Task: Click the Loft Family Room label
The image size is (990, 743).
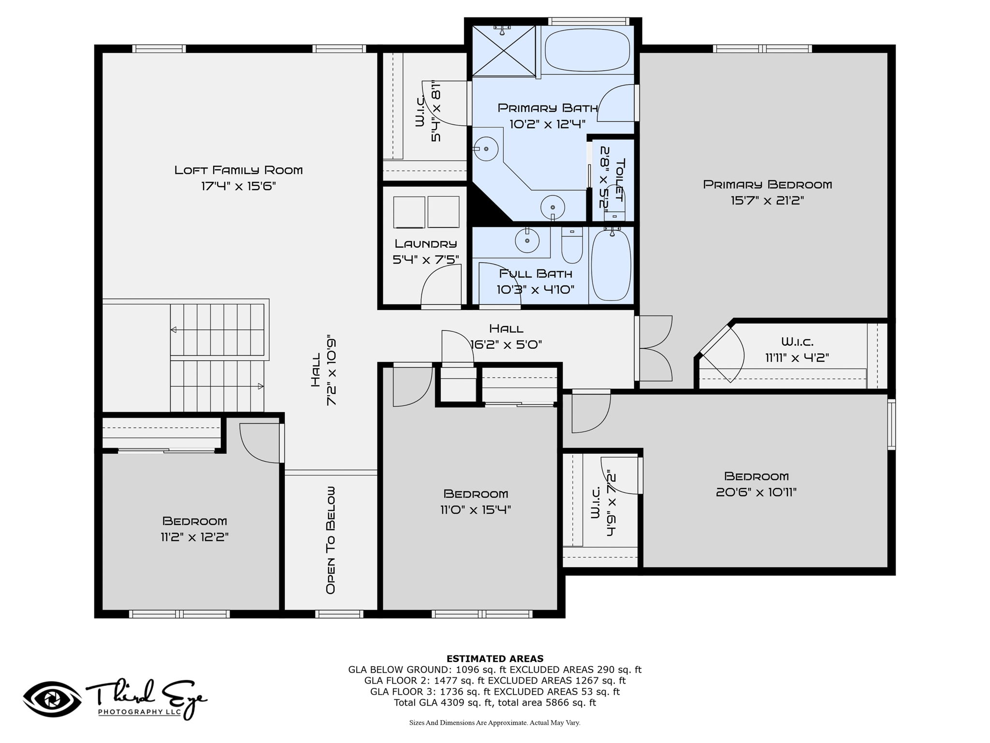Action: click(238, 170)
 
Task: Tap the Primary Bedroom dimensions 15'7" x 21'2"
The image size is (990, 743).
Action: click(767, 200)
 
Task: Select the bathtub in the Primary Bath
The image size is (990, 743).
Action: click(587, 49)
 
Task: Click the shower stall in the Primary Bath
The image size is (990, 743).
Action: click(504, 51)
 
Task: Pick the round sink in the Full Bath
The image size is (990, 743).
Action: click(527, 240)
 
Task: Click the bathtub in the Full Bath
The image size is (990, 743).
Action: click(611, 265)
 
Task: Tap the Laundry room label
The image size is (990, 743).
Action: click(425, 244)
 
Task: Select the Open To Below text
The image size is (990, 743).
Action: click(331, 540)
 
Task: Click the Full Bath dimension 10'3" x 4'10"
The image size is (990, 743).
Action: click(536, 290)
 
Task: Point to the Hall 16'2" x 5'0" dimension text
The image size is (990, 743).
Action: click(506, 344)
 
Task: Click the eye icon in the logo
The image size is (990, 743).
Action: click(52, 699)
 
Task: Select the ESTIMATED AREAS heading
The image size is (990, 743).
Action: click(495, 659)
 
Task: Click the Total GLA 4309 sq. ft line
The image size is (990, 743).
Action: click(495, 703)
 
